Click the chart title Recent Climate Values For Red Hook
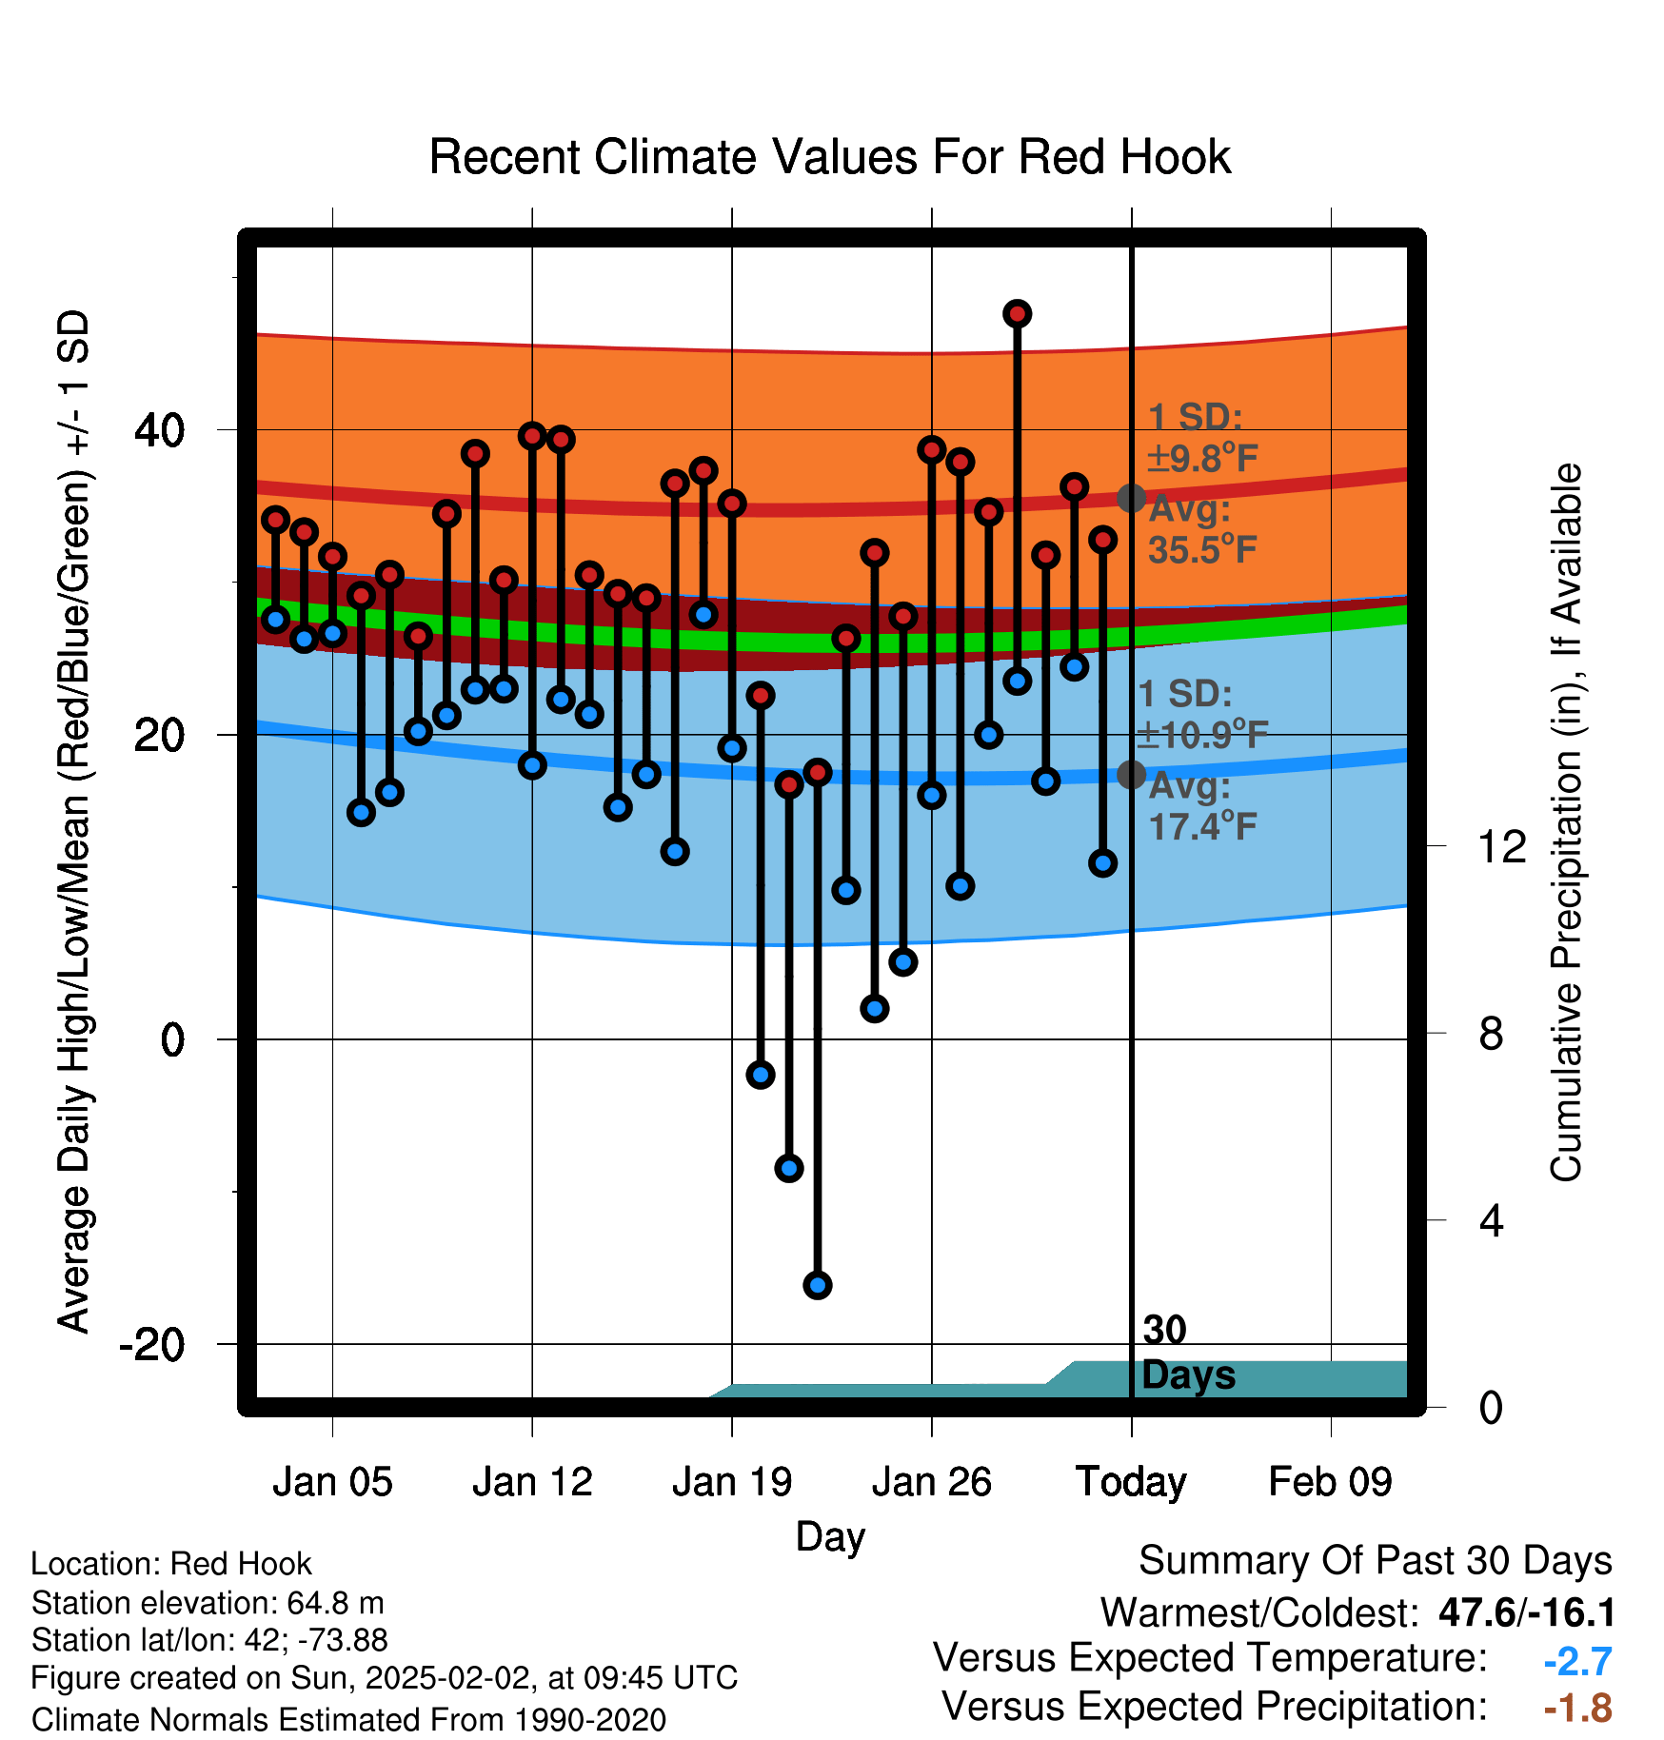coord(830,157)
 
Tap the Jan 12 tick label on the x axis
coord(532,1482)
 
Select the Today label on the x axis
coord(1131,1482)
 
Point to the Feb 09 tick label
coord(1330,1482)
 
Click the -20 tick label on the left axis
coord(152,1344)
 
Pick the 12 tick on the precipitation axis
coord(1501,846)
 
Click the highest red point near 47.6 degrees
coord(1018,313)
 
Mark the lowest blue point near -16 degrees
coord(818,1286)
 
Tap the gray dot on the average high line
coord(1131,498)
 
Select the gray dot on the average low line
coord(1131,775)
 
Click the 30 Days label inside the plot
coord(1188,1353)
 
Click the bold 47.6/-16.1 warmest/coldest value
coord(1527,1612)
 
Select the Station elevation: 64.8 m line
coord(208,1603)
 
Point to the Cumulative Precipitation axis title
coord(1566,822)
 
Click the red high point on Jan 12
coord(532,436)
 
